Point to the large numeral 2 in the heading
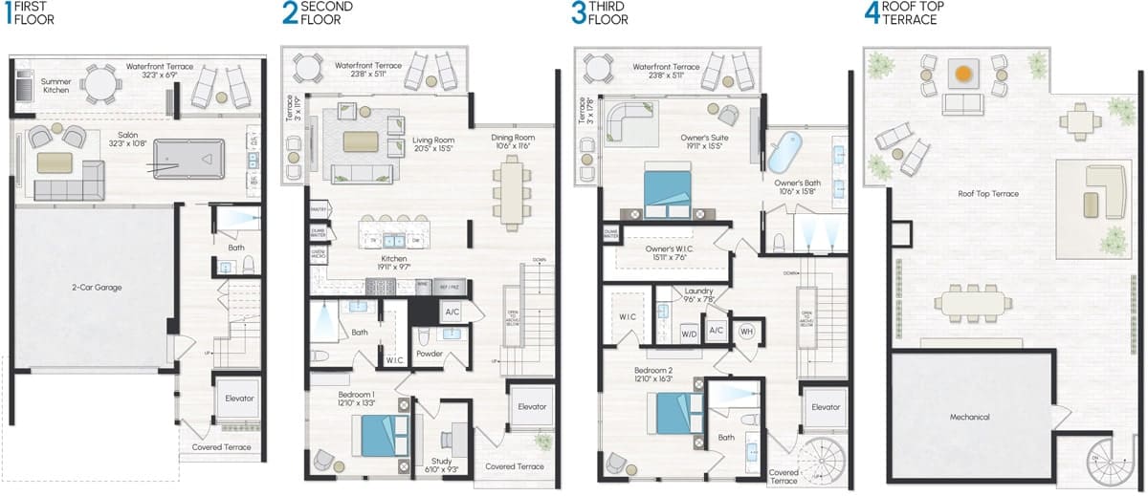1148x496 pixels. [289, 13]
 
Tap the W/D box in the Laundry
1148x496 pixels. [688, 334]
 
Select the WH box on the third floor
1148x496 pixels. [747, 331]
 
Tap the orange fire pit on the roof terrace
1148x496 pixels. [963, 73]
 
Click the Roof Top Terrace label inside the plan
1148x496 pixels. [988, 194]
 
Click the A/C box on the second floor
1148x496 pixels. [451, 312]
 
